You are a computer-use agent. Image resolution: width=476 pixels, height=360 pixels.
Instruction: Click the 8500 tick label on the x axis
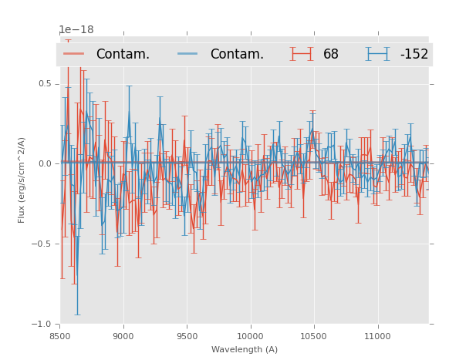coord(60,337)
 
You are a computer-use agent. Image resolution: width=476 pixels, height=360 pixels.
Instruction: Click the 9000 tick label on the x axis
coord(123,337)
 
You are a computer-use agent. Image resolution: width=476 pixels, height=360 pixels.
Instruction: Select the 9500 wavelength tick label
coord(187,337)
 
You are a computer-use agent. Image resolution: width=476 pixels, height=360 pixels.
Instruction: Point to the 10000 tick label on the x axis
coord(250,337)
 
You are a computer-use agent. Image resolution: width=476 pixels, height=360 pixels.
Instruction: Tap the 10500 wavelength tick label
coord(313,337)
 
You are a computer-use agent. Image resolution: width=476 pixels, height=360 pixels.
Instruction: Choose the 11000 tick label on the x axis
coord(376,337)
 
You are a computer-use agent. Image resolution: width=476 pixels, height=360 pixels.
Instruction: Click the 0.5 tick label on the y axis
coord(44,83)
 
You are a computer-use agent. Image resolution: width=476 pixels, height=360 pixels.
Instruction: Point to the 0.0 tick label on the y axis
coord(44,163)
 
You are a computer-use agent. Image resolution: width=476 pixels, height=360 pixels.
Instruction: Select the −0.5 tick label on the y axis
coord(42,244)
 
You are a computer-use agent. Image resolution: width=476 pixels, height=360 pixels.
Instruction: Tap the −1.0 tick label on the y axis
coord(42,324)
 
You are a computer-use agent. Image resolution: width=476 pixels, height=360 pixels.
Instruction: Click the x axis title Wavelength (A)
coord(245,350)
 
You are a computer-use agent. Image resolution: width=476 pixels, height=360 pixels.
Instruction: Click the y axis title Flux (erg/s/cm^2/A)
coord(22,180)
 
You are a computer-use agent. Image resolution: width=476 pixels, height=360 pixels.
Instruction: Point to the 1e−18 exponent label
coord(76,30)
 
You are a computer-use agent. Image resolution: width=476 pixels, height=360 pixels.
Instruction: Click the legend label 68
coord(331,54)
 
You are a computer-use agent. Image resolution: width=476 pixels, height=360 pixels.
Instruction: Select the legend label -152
coord(414,54)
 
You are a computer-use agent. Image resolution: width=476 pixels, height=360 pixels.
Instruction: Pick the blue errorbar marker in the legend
coord(378,54)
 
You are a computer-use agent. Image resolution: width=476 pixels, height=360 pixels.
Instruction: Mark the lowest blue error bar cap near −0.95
coord(76,315)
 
